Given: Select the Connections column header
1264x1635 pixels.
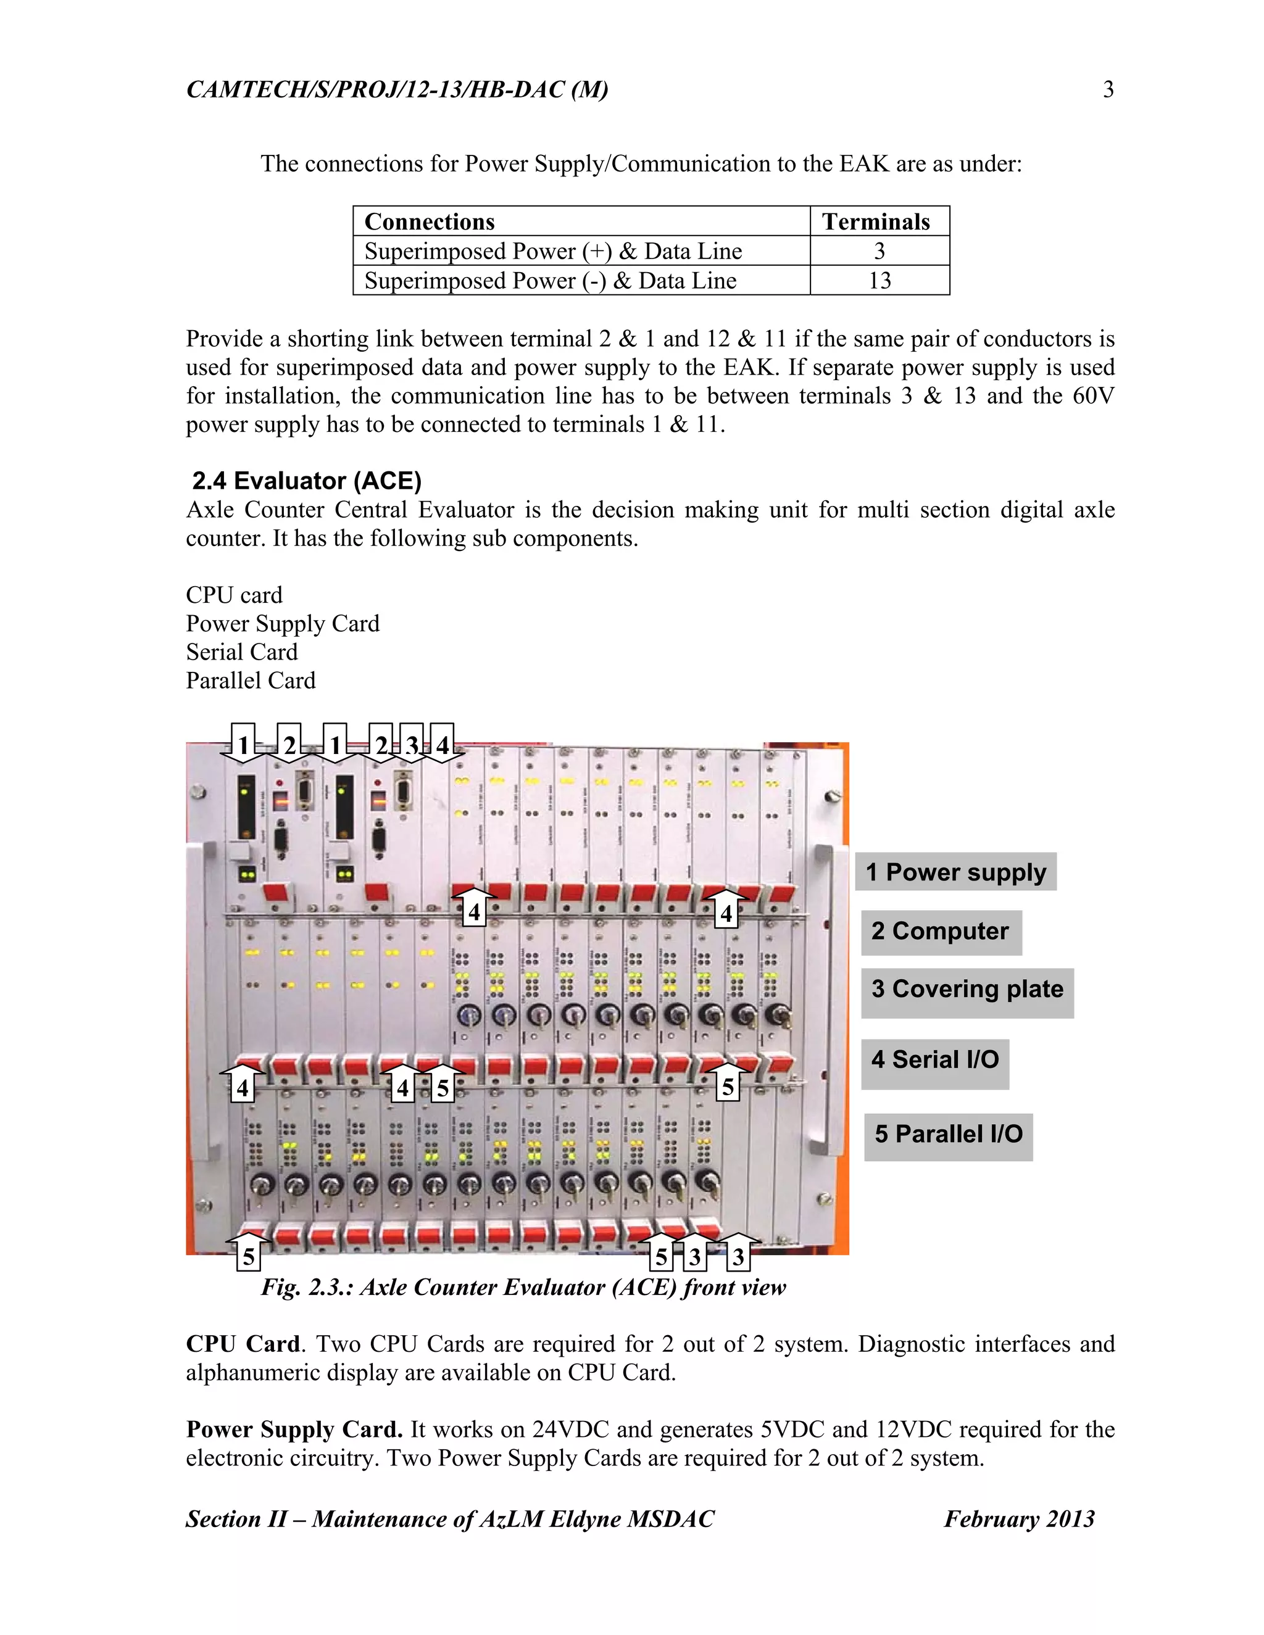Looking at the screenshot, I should coord(430,221).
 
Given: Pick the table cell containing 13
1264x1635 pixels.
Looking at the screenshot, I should coord(879,281).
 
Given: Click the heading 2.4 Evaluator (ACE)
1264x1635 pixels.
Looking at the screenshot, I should coord(307,481).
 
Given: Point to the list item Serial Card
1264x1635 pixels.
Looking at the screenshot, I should coord(242,652).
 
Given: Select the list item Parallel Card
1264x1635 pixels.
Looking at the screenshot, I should coord(251,681).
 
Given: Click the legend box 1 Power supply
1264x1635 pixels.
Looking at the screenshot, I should coord(955,872).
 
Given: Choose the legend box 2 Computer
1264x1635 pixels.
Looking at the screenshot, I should coord(941,931).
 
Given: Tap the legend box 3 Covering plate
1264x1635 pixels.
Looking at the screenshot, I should coord(967,990).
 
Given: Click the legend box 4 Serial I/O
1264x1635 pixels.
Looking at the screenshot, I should coord(934,1060).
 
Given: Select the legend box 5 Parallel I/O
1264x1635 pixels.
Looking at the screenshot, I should coord(948,1134).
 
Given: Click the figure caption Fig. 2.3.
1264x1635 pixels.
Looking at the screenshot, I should coord(523,1287).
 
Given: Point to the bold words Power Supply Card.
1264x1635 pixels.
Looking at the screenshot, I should coord(294,1430).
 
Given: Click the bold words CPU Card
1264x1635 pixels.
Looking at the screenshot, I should coord(243,1344).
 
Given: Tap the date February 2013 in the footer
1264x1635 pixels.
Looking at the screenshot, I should coord(1018,1519).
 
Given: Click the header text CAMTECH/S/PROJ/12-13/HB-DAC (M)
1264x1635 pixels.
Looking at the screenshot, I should coord(397,90).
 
